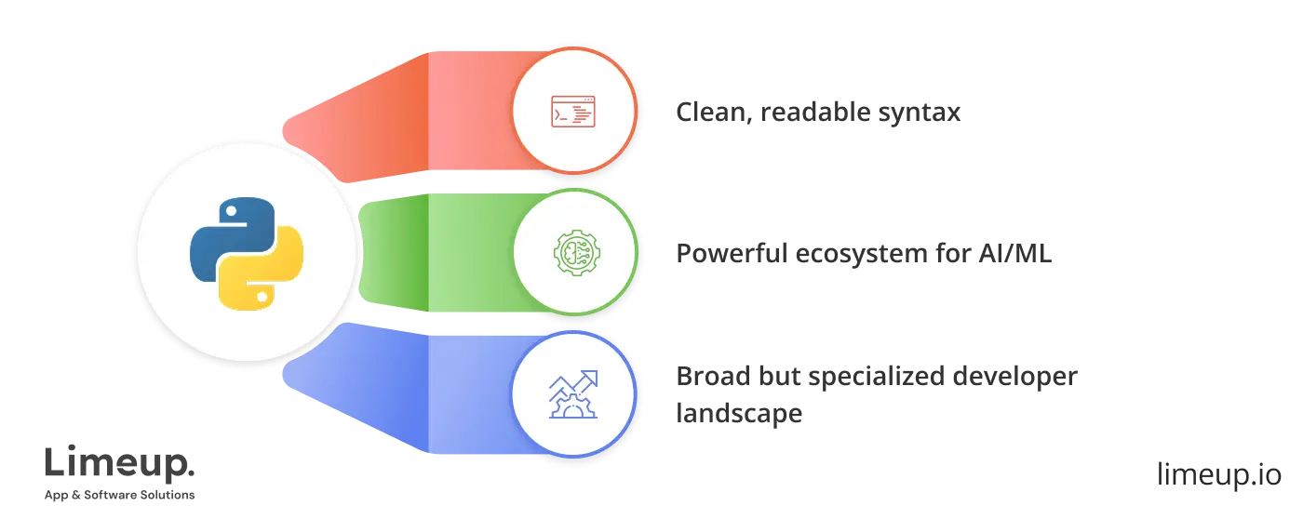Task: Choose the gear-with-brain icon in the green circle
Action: pos(573,252)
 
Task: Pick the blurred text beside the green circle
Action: pos(866,254)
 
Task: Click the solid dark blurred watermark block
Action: pos(1216,476)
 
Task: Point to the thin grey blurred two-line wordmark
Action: pos(121,476)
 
